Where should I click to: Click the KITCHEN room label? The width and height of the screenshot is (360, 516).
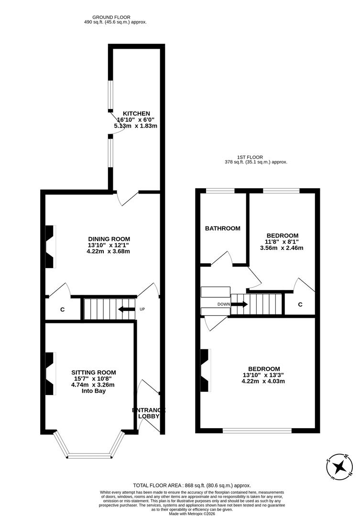coord(136,113)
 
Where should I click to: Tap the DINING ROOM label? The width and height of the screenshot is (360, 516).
coord(109,239)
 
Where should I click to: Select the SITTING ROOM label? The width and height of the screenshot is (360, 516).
coord(94,372)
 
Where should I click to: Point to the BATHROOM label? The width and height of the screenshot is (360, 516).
coord(222,228)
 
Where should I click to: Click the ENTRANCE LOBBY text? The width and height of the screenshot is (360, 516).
coord(149,413)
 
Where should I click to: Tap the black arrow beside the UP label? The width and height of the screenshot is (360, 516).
coord(127,309)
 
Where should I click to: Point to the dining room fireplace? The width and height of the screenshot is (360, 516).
coord(50,247)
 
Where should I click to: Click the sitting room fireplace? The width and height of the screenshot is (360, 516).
coord(50,374)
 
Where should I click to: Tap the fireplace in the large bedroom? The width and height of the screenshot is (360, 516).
coord(205,370)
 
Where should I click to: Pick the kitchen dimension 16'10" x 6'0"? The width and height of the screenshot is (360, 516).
coord(136,119)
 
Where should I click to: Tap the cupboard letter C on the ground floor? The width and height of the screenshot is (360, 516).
coord(62,310)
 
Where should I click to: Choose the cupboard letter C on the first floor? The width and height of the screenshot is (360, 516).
coord(300,304)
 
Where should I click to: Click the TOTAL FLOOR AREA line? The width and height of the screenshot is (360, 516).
coord(192,485)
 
